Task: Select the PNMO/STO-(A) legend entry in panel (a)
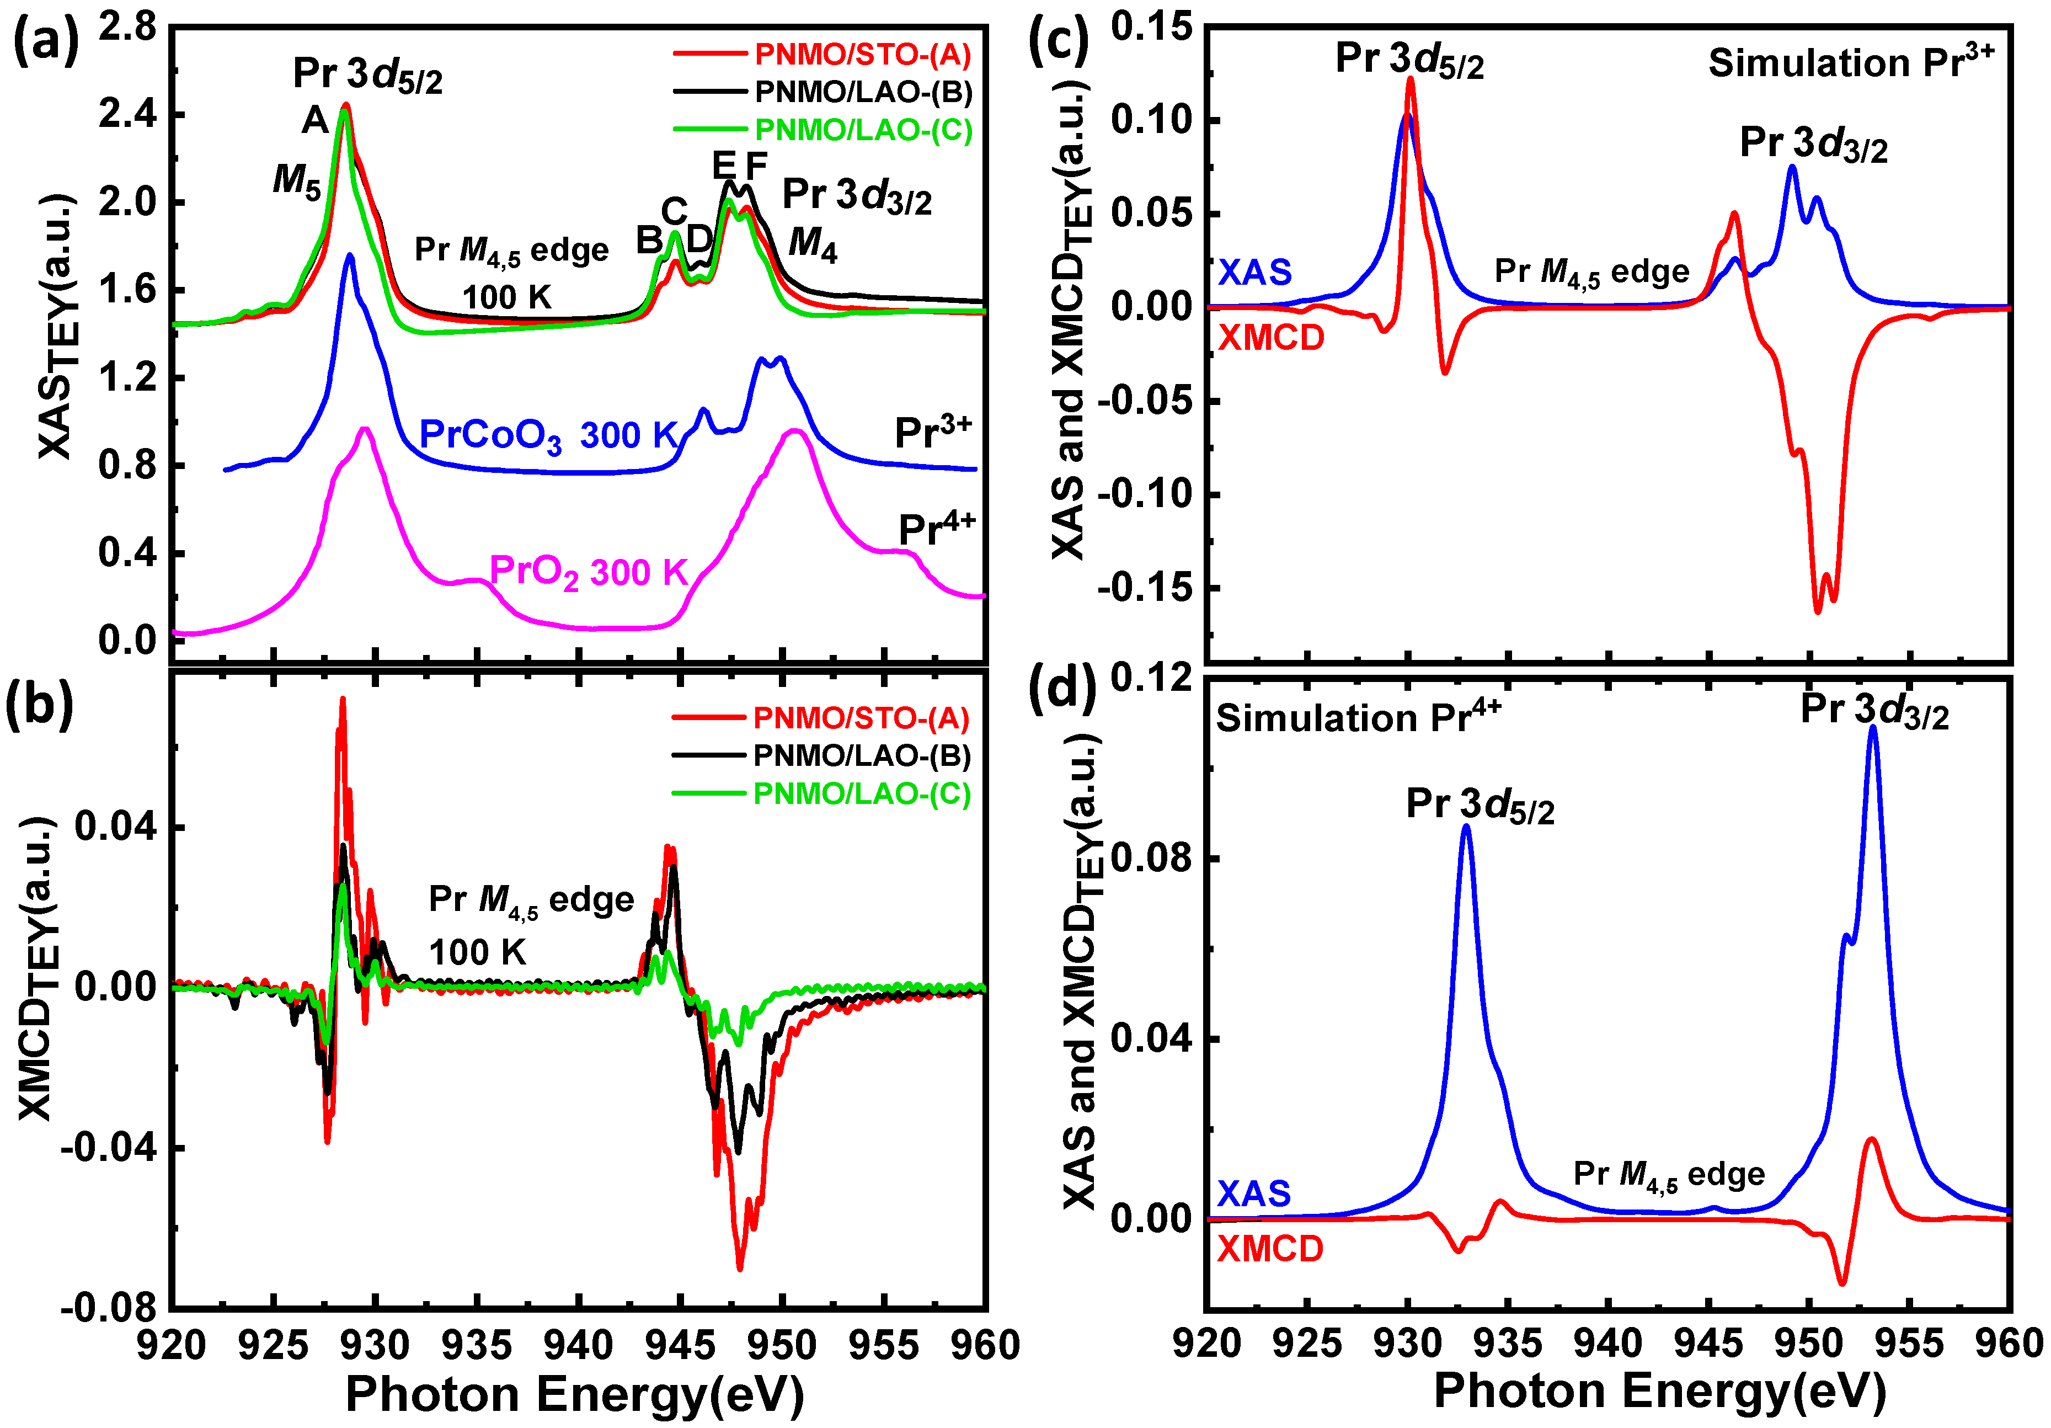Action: coord(862,55)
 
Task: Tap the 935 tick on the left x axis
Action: coord(478,1345)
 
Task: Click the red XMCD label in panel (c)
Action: coord(1271,338)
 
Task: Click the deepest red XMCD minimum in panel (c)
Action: coord(1818,611)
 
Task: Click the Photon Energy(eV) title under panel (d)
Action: coord(1660,1392)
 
